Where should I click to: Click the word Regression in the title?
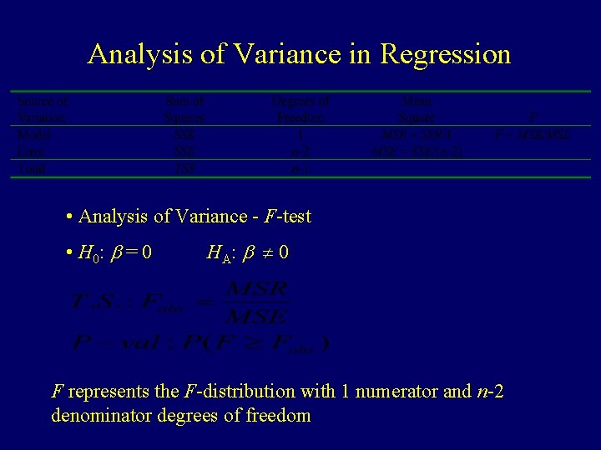pos(445,55)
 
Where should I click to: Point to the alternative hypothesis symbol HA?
pos(220,252)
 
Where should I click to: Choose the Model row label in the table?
pos(33,133)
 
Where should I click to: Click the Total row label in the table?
pos(31,168)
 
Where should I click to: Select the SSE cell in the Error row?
pos(184,152)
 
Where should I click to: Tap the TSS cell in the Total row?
pos(184,168)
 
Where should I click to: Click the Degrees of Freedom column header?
pos(300,108)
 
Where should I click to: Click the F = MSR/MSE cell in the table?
pos(533,134)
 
